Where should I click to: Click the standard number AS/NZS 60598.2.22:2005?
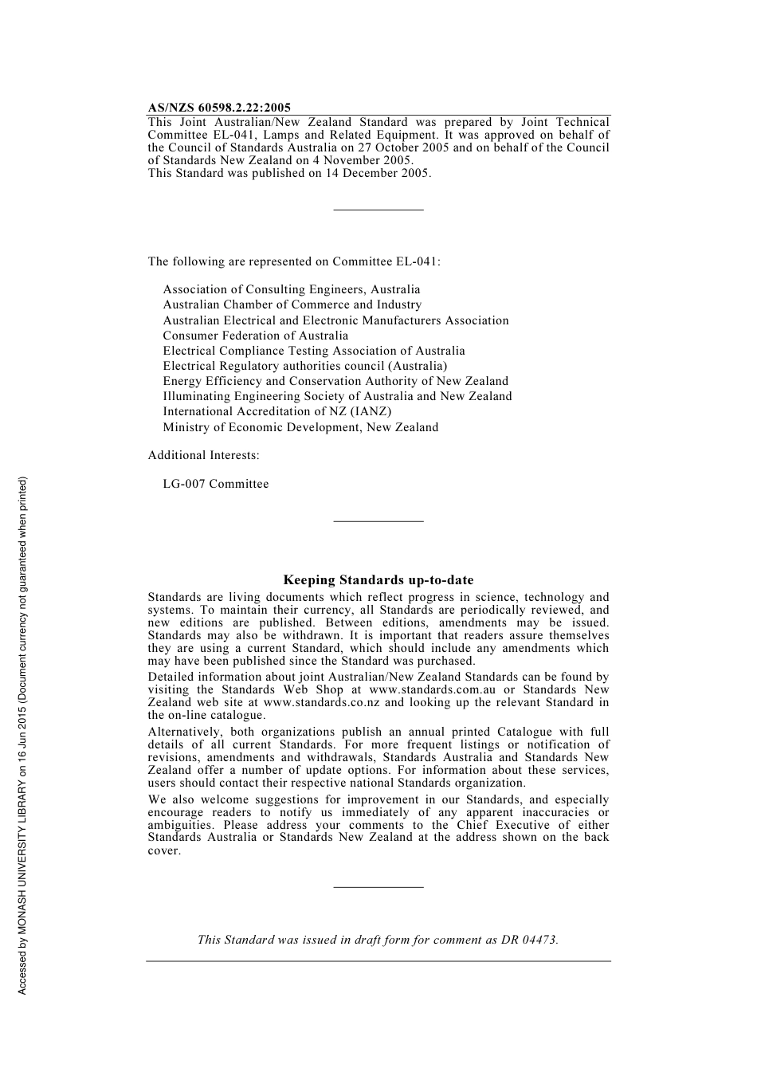pyautogui.click(x=219, y=108)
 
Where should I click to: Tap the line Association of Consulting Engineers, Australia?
pyautogui.click(x=292, y=289)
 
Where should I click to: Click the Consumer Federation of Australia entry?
pyautogui.click(x=256, y=336)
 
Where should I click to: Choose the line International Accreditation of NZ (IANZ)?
pyautogui.click(x=277, y=411)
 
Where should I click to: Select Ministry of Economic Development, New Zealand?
pyautogui.click(x=300, y=427)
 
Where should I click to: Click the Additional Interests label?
pyautogui.click(x=203, y=455)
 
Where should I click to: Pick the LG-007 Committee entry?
pyautogui.click(x=216, y=484)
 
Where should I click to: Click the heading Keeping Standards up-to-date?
pyautogui.click(x=378, y=580)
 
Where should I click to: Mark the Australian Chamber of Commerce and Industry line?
pyautogui.click(x=292, y=304)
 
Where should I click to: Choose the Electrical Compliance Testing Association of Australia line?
pyautogui.click(x=314, y=351)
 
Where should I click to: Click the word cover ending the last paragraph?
pyautogui.click(x=163, y=850)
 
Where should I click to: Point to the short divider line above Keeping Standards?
pyautogui.click(x=378, y=521)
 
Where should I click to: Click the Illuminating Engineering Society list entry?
pyautogui.click(x=338, y=396)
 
